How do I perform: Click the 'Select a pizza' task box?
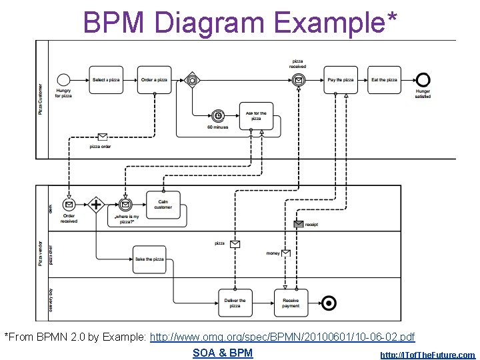coord(106,79)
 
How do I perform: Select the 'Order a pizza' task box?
coord(154,79)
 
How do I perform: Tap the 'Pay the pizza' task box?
coord(341,79)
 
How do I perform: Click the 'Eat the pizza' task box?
coord(384,79)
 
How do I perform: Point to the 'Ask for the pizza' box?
coord(256,116)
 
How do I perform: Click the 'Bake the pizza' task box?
coord(149,259)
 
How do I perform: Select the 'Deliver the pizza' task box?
coord(235,303)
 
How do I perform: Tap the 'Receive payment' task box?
coord(291,303)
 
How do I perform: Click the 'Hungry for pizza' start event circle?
coord(64,79)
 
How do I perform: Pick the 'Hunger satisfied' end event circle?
coord(423,79)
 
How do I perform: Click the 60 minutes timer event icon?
coord(217,115)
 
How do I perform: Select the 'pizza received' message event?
coord(299,80)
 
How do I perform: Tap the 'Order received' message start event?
coord(69,205)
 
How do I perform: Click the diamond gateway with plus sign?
coord(97,205)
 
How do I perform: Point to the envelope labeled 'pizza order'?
coord(102,137)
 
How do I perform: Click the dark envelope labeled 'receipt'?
coord(299,225)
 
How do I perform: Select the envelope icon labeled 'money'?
coord(286,253)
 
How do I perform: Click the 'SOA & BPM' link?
coord(223,353)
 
